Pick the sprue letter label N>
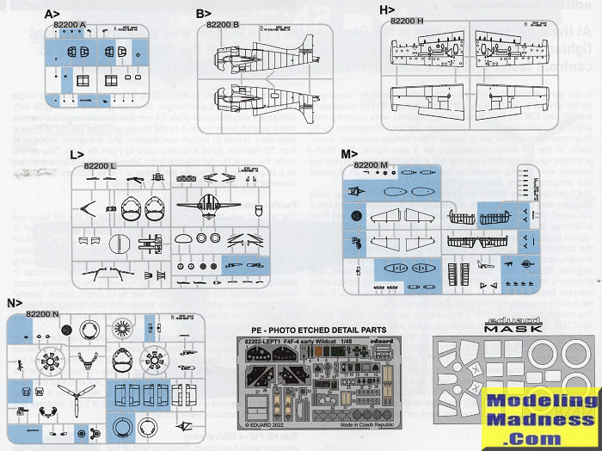click(13, 303)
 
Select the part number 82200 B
click(223, 26)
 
